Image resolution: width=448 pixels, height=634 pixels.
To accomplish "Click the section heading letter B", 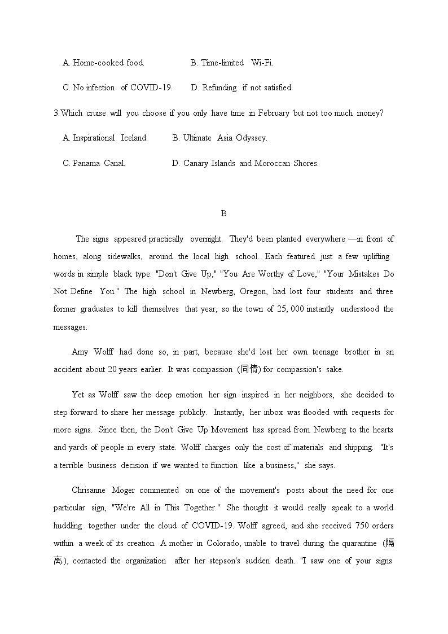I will (223, 213).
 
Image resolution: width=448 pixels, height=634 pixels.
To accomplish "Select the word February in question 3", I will (274, 113).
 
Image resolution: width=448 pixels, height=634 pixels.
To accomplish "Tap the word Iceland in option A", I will (134, 138).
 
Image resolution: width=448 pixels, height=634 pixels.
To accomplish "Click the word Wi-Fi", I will (262, 63).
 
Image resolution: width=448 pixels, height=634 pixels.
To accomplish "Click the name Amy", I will (80, 352).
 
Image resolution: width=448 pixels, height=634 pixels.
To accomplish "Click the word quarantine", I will (359, 543).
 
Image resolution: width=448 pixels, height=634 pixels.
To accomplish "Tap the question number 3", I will (56, 113).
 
